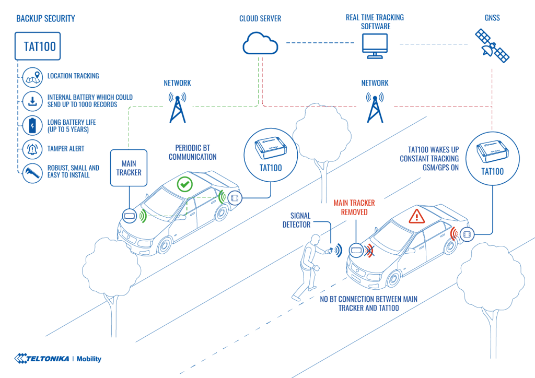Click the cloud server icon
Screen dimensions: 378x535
[x=260, y=43]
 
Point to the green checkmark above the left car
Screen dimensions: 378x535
[x=184, y=184]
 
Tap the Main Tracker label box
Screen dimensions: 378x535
[x=129, y=167]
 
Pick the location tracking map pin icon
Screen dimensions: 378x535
[x=32, y=77]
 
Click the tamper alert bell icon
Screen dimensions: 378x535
[x=32, y=150]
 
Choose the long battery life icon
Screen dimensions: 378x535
[x=32, y=125]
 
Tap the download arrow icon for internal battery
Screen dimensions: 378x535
[x=32, y=101]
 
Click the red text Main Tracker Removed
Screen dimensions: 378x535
[x=354, y=208]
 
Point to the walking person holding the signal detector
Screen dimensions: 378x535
[x=309, y=266]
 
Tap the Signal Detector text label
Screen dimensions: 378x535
[x=297, y=220]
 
